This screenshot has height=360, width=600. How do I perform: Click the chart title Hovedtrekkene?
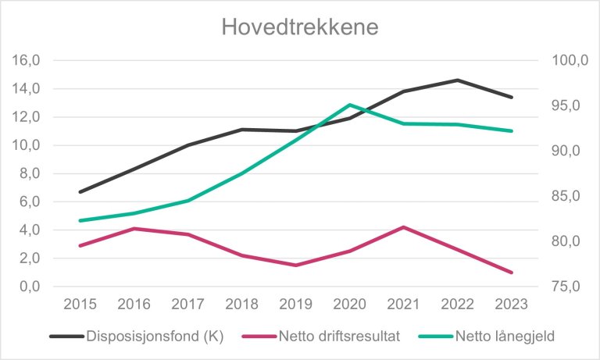299,27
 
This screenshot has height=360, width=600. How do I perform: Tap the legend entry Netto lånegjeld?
489,336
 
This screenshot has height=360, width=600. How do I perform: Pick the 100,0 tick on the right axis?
567,61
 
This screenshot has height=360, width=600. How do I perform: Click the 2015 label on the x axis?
80,304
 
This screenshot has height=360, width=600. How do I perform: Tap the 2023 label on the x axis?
512,304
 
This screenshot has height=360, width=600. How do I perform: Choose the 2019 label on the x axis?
296,304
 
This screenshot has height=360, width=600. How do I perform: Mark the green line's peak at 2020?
350,105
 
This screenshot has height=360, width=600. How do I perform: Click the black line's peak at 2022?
458,80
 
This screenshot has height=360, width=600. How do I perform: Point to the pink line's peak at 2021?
404,227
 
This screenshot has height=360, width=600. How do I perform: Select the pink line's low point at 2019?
296,266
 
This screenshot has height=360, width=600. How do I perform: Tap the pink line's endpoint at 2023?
512,273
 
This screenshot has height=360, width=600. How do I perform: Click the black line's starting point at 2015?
80,192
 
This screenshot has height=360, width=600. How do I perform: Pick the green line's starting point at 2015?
80,221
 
